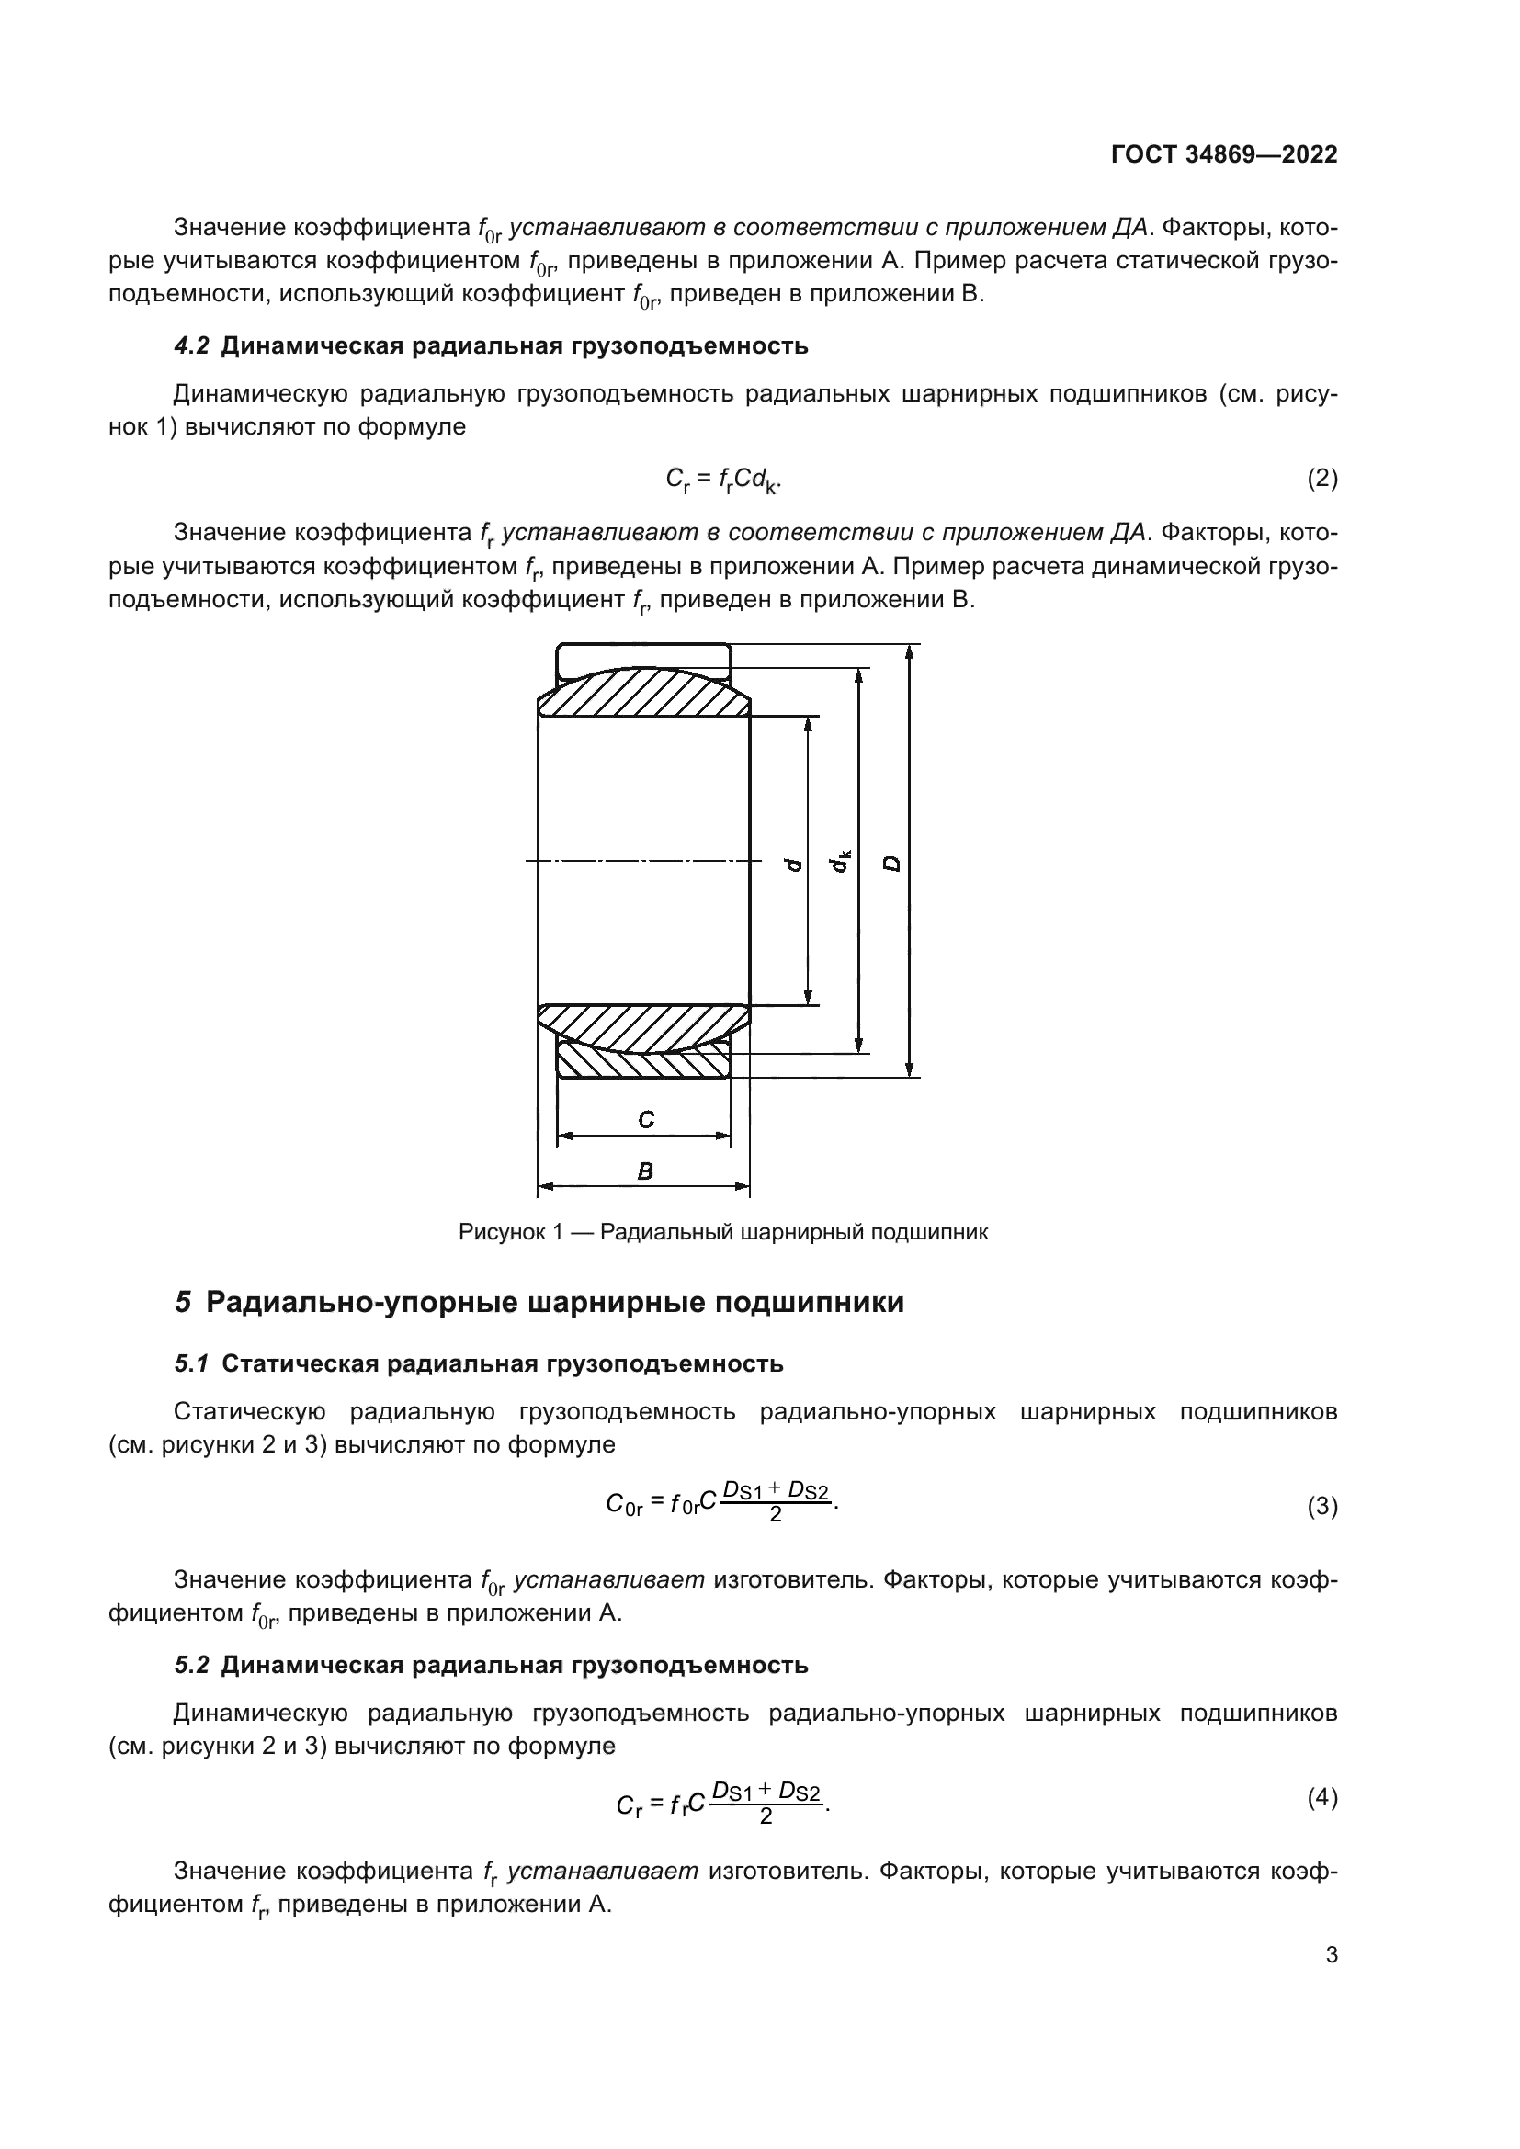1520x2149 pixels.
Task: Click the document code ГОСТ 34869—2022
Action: pos(1223,154)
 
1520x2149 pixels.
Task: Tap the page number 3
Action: pos(1331,1954)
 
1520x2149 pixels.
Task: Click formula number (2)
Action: pos(1321,480)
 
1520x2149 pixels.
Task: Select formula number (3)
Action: pos(1321,1506)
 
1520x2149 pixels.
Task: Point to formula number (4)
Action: pos(1321,1797)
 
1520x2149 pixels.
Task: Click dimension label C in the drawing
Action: pos(645,1119)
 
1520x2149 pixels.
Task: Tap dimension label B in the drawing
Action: pos(644,1171)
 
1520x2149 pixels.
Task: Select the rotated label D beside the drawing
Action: pos(893,863)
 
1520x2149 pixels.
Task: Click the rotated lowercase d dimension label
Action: pos(794,864)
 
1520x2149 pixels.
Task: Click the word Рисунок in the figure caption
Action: pos(502,1232)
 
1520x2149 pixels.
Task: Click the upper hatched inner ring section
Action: pos(643,695)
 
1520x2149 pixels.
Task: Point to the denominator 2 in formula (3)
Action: pos(775,1513)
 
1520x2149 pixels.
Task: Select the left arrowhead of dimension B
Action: pos(544,1187)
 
